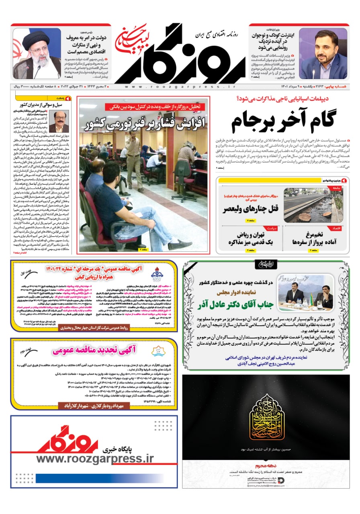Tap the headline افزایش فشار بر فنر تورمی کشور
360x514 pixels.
[143, 122]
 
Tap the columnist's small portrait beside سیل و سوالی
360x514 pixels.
[59, 122]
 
